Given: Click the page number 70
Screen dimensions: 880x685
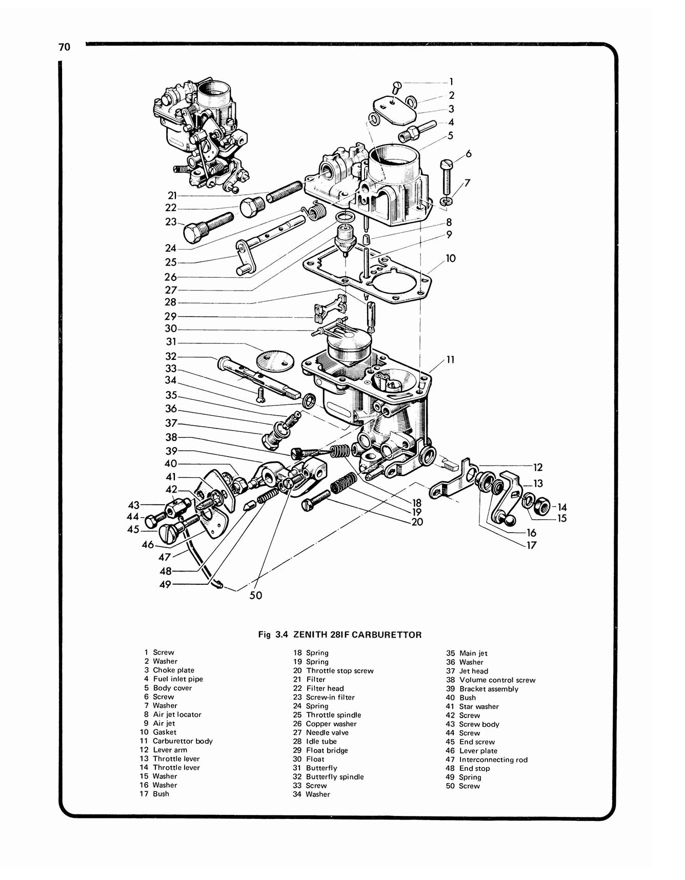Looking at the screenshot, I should click(64, 47).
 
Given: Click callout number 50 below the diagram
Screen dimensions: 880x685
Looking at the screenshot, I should click(255, 595).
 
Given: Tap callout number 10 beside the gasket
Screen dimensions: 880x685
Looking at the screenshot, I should click(450, 258).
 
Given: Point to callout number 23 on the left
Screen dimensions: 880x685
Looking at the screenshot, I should click(171, 222).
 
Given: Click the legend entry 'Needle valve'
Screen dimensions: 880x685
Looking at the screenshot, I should click(327, 732).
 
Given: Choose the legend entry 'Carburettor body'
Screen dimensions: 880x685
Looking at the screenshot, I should click(182, 741).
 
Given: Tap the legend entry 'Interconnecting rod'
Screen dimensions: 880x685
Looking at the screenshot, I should click(493, 760).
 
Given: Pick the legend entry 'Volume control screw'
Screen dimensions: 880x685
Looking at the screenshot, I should click(497, 680).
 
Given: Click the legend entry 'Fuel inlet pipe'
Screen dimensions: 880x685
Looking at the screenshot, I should click(177, 679).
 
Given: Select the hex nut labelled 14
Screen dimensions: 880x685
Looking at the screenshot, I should click(542, 507).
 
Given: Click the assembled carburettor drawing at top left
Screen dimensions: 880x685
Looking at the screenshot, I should click(202, 136).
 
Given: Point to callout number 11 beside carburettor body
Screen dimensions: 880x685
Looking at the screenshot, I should click(450, 360).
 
